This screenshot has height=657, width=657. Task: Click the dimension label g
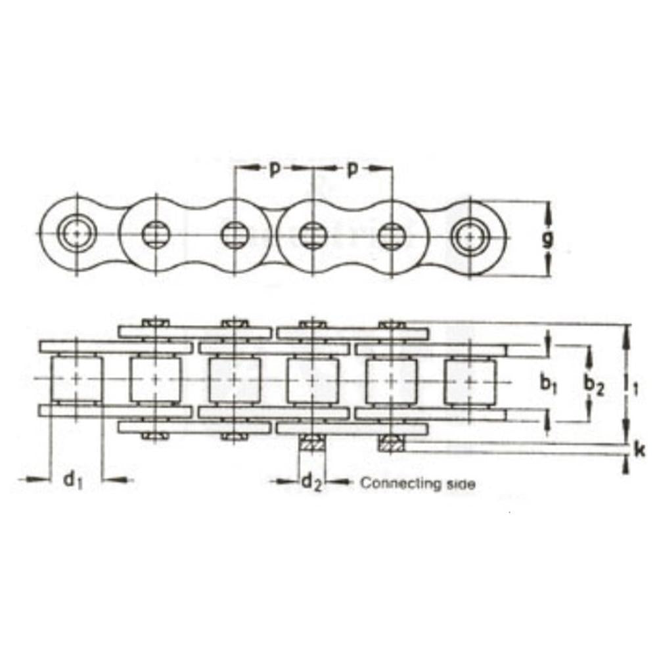point(547,238)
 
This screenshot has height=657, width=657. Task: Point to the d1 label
point(74,480)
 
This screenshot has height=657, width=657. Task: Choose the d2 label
point(311,484)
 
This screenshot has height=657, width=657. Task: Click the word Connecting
point(399,484)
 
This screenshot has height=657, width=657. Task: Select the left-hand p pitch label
point(275,170)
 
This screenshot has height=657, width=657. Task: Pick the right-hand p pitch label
point(353,170)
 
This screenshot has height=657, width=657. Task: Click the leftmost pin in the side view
point(78,234)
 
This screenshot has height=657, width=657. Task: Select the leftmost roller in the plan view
point(78,380)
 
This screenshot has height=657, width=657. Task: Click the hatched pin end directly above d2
point(313,443)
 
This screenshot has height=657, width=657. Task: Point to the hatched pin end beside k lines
point(392,443)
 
